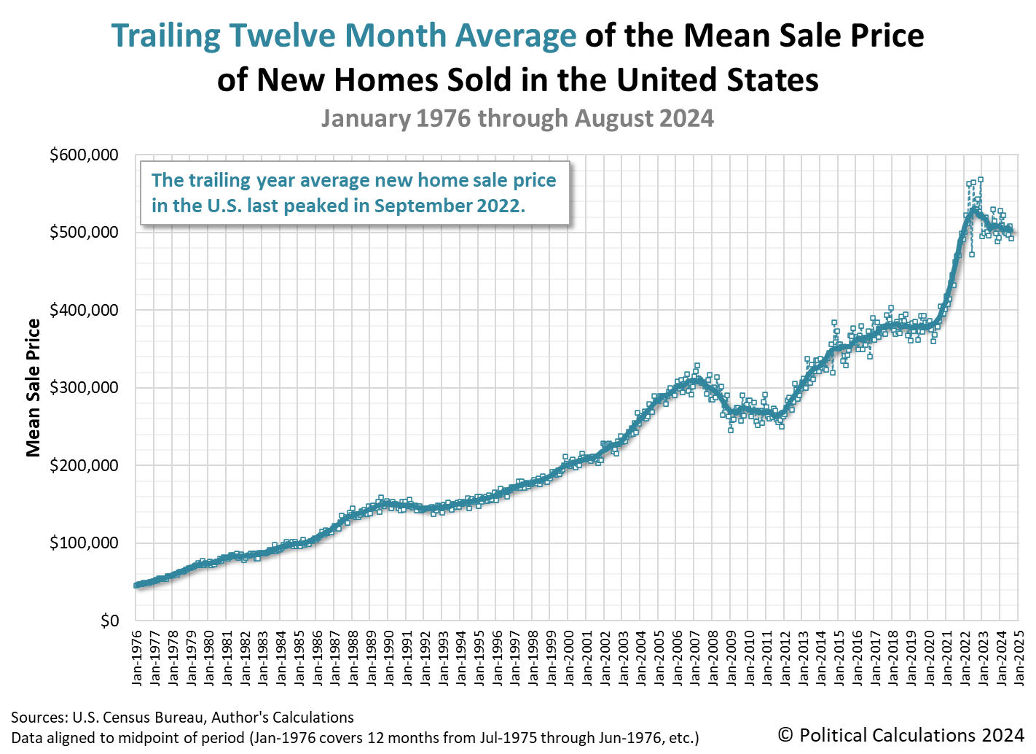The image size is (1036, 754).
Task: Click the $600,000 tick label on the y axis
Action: [x=83, y=155]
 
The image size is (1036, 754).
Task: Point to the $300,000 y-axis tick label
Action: [x=83, y=388]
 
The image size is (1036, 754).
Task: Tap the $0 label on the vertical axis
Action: [x=109, y=621]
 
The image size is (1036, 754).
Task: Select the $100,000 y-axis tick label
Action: [x=83, y=543]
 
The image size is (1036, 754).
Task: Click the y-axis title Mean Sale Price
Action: [x=34, y=388]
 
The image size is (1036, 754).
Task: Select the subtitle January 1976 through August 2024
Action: [x=517, y=118]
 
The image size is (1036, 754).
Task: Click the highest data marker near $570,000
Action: [x=981, y=179]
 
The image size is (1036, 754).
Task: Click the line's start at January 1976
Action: [x=137, y=585]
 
